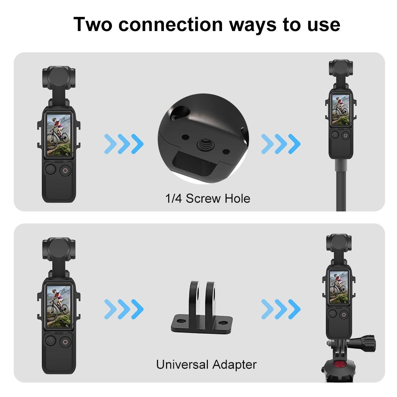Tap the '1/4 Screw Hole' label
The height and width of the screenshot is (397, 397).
point(208,198)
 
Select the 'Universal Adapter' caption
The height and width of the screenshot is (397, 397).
point(206,364)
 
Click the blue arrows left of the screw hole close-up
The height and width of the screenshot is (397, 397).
point(124,144)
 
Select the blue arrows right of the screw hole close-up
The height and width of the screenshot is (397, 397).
point(281,144)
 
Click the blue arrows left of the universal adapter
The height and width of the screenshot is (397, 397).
point(124,310)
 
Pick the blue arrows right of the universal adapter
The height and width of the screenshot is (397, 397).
point(281,310)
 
